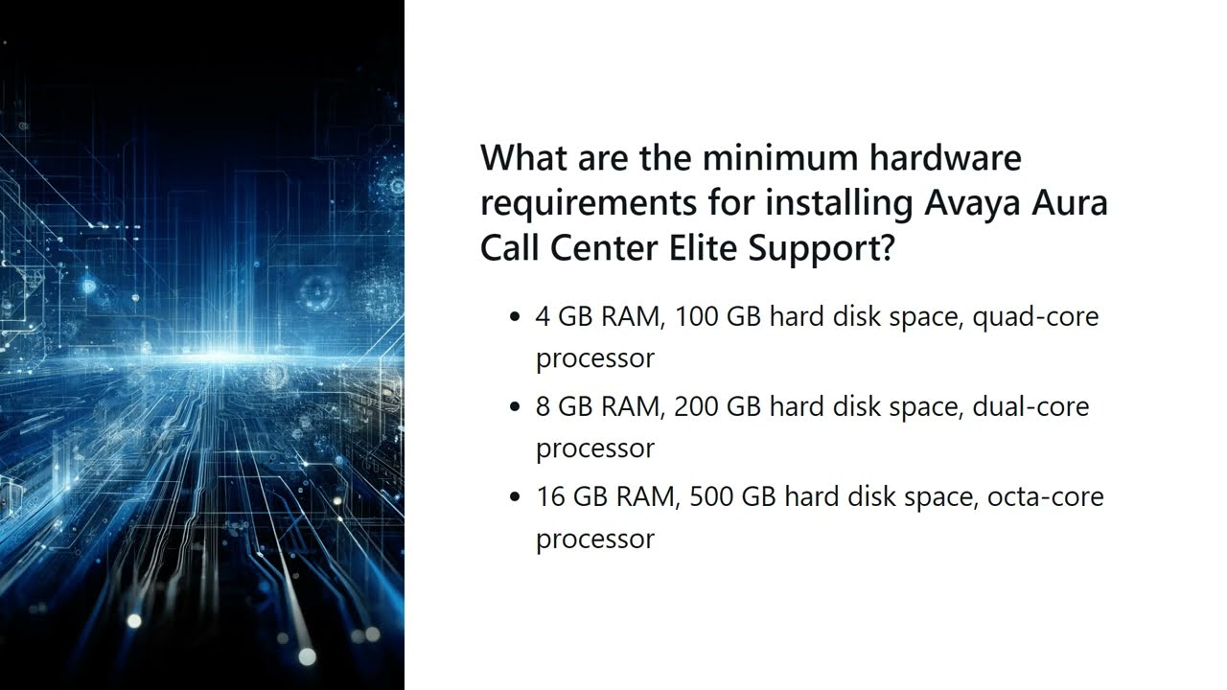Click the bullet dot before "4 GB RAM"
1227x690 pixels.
click(x=517, y=317)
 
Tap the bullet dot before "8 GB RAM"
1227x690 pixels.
click(x=517, y=407)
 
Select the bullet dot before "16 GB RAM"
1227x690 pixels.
click(x=517, y=497)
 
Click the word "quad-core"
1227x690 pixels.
click(x=1035, y=317)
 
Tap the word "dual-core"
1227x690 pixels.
click(x=1030, y=406)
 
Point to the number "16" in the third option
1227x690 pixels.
click(x=550, y=496)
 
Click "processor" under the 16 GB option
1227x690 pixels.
click(x=594, y=540)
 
